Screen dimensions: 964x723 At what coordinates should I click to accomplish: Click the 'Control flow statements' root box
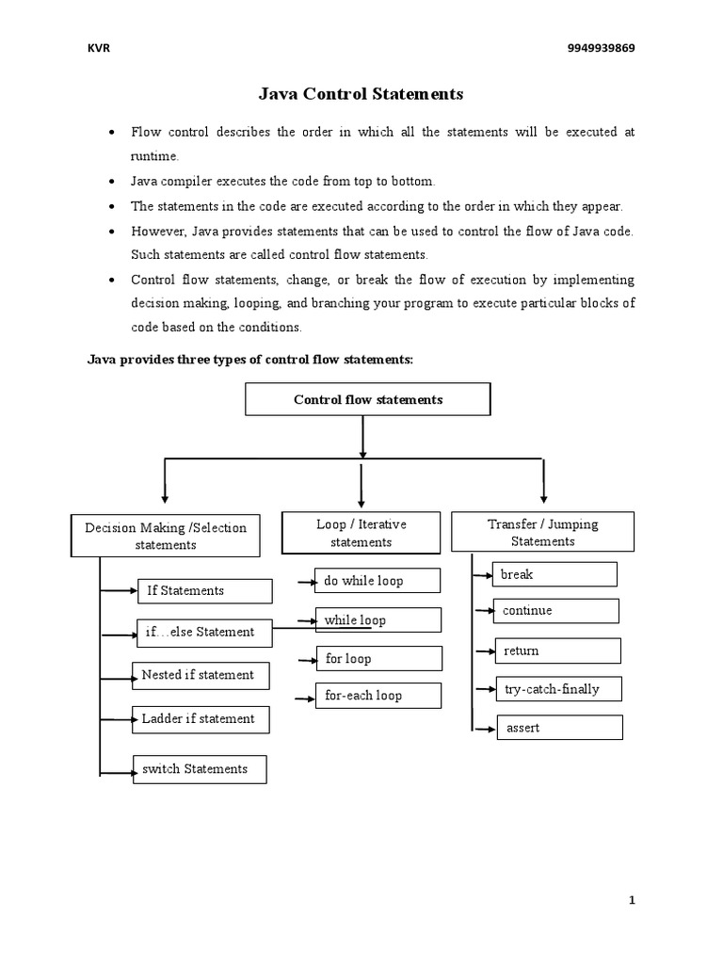[x=368, y=399]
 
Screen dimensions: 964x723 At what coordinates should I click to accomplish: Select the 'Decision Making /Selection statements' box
[x=166, y=536]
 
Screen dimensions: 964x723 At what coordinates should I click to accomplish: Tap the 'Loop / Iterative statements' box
[x=361, y=533]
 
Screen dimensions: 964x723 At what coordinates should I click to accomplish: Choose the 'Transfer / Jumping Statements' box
[x=543, y=532]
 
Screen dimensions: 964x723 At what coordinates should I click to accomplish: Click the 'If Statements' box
[x=204, y=591]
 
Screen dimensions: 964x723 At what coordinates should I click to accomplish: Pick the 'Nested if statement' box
[x=200, y=675]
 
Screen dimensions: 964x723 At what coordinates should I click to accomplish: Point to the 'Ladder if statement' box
[x=200, y=719]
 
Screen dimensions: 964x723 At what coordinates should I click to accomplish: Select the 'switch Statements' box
[x=198, y=769]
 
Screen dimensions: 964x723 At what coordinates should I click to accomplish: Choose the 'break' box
[x=554, y=574]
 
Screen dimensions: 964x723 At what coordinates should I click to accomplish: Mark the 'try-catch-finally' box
[x=558, y=689]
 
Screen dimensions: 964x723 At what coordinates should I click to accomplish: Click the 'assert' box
[x=559, y=728]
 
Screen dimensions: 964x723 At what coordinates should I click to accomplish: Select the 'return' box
[x=557, y=651]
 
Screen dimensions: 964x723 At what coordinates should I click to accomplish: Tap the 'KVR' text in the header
[x=99, y=49]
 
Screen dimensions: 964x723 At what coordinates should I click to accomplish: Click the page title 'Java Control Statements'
[x=361, y=94]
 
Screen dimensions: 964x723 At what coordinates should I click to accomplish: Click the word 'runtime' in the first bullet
[x=153, y=156]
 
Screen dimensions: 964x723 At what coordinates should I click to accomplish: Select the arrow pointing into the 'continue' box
[x=485, y=611]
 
